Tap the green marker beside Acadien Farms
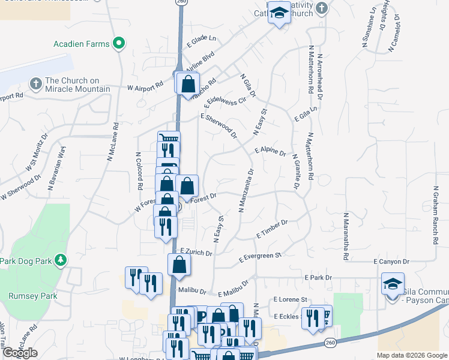[119, 43]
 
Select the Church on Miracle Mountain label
[77, 85]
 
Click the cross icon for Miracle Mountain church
[35, 83]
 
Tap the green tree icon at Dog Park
[60, 260]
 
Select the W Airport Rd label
[145, 87]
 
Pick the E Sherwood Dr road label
[219, 125]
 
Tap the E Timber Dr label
[272, 228]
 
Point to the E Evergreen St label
[260, 258]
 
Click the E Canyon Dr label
[391, 262]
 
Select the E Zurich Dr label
[196, 253]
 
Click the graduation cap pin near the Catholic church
[279, 13]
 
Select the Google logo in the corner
[20, 353]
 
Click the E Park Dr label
[318, 278]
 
